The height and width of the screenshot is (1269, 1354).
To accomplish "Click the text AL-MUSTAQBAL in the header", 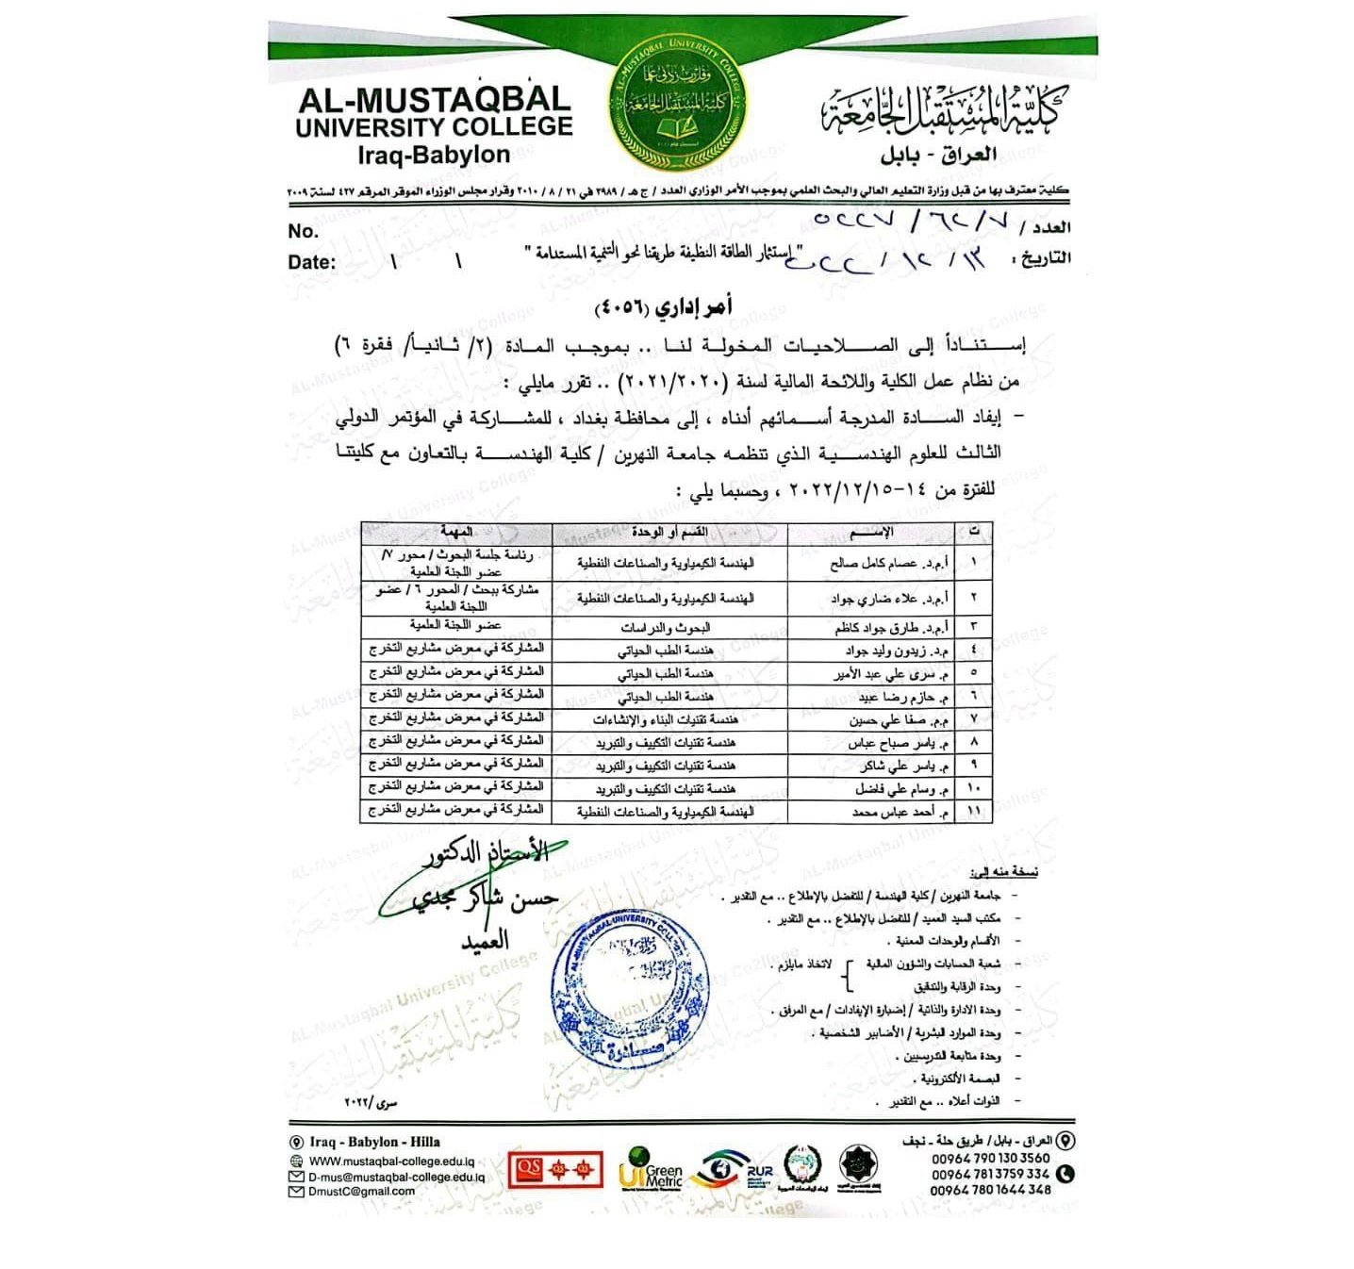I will pos(434,99).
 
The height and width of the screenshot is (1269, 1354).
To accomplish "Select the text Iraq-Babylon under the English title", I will pos(434,155).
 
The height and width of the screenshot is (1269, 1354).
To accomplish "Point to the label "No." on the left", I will pos(304,231).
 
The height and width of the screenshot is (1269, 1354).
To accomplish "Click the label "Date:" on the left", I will pos(312,262).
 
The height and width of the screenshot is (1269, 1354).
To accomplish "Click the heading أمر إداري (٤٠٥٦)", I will pos(663,308).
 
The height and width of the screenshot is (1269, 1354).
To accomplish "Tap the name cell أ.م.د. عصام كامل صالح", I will pos(889,563).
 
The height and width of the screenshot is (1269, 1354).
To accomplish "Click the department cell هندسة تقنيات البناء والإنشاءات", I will pos(665,719).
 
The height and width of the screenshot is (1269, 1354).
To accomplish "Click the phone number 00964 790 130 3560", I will pos(990,1158).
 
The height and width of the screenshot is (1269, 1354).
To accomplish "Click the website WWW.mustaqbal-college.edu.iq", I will pos(391,1162).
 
